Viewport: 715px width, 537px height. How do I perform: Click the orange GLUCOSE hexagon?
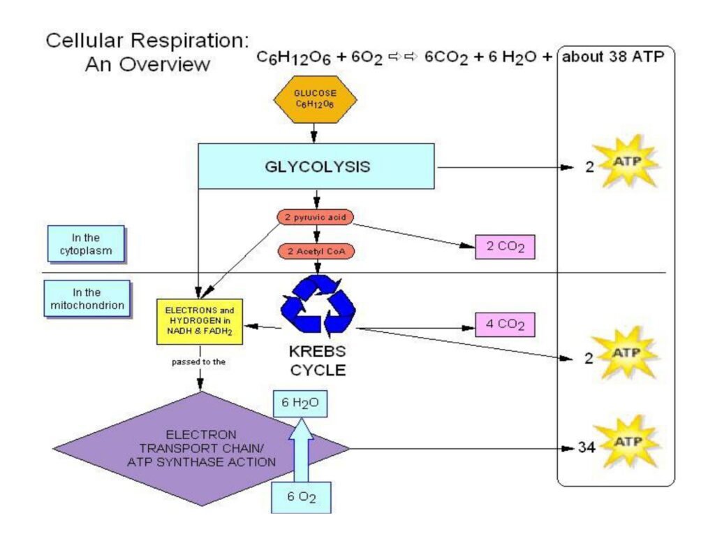315,99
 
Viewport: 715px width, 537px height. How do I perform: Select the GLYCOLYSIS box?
316,166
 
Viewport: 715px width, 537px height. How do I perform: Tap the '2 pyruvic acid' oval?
315,218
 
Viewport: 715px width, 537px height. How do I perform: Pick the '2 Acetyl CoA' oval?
315,251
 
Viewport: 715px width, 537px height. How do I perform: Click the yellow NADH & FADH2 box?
199,321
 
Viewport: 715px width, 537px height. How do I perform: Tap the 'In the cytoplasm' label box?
85,243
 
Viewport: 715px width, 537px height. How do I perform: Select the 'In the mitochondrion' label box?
87,299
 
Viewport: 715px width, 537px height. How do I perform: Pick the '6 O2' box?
301,497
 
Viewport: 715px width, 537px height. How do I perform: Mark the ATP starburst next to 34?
624,443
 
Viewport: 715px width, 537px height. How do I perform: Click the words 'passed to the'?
199,364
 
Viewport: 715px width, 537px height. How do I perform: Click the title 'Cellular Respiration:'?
147,40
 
